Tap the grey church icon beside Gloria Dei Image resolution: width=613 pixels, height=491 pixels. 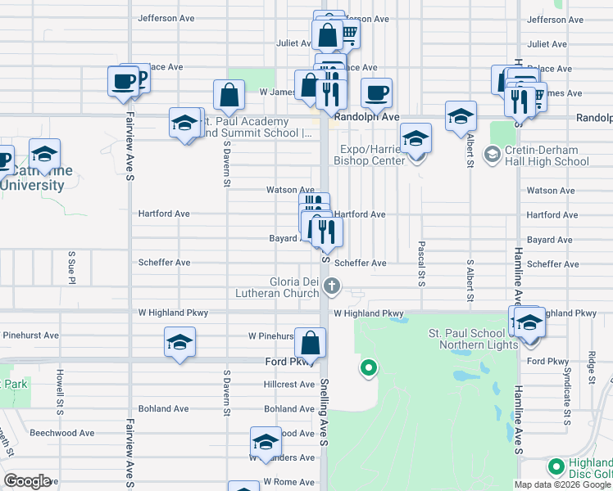pyautogui.click(x=332, y=286)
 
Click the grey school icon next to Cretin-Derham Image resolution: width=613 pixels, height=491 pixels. pyautogui.click(x=493, y=153)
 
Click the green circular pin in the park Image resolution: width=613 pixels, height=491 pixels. pyautogui.click(x=369, y=368)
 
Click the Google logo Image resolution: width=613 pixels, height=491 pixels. pyautogui.click(x=27, y=481)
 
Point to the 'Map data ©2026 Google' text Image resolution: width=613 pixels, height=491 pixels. pyautogui.click(x=562, y=484)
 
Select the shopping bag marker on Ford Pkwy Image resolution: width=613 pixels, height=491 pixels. pyautogui.click(x=311, y=344)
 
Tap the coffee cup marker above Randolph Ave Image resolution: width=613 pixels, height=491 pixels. pyautogui.click(x=376, y=94)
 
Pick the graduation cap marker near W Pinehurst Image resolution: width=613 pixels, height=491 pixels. pyautogui.click(x=179, y=344)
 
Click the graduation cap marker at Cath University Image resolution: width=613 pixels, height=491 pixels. pyautogui.click(x=44, y=155)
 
